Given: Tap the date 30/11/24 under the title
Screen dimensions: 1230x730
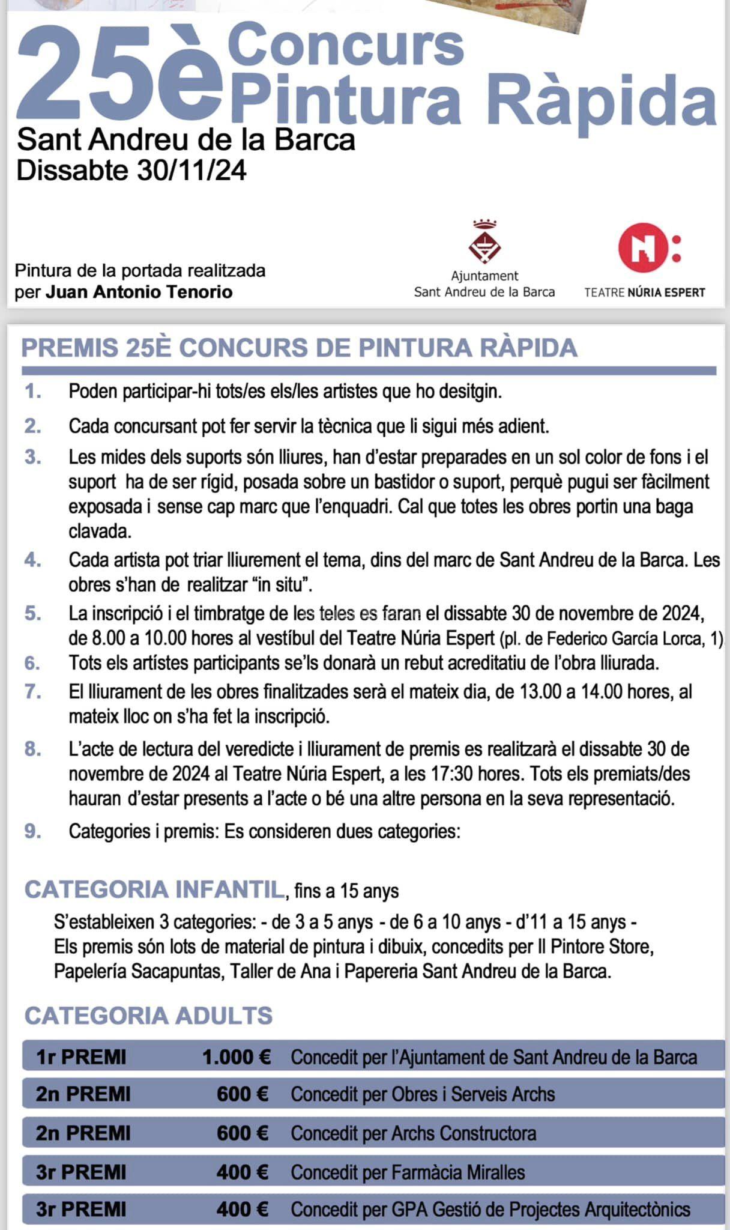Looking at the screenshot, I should (192, 171).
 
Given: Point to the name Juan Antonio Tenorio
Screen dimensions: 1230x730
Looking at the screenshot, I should (139, 292).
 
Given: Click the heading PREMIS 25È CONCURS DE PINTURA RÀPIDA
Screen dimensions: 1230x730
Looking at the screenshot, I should (299, 348).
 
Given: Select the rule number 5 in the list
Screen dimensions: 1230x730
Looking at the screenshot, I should (32, 614).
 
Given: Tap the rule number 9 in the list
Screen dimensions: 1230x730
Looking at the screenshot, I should (32, 832).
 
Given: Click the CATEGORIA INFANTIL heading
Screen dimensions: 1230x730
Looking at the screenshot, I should (154, 890).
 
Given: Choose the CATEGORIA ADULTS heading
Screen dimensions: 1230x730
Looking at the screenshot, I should (148, 1016).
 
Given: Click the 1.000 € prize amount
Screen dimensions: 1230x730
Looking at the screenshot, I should (236, 1057).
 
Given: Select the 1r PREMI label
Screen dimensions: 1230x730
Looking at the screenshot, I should (81, 1057).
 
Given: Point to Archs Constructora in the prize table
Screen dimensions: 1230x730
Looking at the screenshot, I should (463, 1133).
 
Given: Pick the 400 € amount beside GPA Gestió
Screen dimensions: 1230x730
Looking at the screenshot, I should (242, 1209).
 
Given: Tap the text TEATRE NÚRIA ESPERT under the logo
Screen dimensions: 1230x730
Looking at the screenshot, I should (645, 292).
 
